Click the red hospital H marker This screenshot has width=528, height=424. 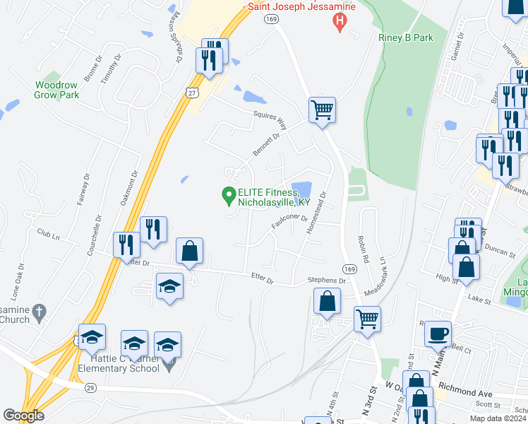tap(340, 23)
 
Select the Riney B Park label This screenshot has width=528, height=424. tap(404, 37)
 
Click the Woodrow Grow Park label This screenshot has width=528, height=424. tap(57, 90)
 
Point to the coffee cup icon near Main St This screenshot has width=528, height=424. tap(438, 332)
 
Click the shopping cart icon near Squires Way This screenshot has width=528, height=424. tap(322, 110)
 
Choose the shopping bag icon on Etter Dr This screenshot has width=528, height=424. tap(189, 251)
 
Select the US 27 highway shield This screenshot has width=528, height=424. tap(192, 92)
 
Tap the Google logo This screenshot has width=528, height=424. tap(23, 416)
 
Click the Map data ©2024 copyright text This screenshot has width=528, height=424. tap(498, 418)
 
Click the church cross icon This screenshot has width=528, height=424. tap(40, 310)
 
